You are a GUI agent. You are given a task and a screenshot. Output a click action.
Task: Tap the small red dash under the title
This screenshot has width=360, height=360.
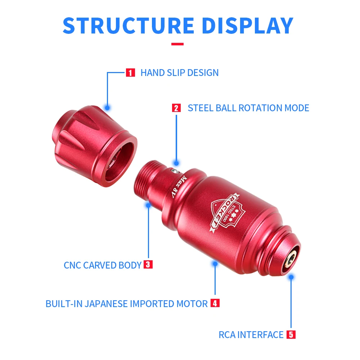point(177,44)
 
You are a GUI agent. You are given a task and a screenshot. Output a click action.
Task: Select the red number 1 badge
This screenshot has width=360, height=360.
point(130,73)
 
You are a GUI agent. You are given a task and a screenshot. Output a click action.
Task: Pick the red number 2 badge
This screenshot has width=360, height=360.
point(176,108)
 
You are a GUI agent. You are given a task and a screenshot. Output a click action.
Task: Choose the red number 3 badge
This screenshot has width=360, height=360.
point(148,265)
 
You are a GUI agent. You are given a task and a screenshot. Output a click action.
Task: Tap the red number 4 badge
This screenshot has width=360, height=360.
point(215,303)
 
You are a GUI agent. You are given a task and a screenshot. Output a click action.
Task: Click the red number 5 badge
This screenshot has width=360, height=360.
point(291,334)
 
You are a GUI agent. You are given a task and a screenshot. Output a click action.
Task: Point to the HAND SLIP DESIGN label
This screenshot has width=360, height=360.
point(179,73)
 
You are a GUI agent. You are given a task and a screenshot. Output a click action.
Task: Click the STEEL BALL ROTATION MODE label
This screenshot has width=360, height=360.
point(248,108)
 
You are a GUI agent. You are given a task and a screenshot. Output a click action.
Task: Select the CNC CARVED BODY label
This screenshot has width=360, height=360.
point(103,265)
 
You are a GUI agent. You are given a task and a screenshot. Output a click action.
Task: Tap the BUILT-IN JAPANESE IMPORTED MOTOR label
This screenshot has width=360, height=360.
point(127,303)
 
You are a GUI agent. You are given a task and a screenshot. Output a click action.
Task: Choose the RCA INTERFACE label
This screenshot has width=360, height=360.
point(251,335)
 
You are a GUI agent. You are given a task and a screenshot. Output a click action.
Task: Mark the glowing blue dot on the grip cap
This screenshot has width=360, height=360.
point(107,107)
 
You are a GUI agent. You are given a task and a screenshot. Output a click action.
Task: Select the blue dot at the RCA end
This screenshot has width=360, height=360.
point(291,277)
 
